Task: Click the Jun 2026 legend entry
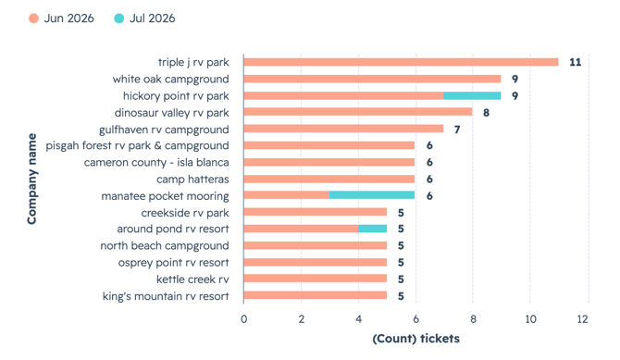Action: click(x=61, y=19)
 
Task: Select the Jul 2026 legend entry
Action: click(x=144, y=19)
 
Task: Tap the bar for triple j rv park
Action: click(x=401, y=62)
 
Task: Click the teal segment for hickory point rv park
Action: click(x=472, y=95)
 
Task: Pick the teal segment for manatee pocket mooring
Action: click(x=372, y=195)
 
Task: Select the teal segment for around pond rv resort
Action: click(x=373, y=229)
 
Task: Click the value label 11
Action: click(x=576, y=62)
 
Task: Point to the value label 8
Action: click(x=487, y=113)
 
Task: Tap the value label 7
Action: click(x=457, y=130)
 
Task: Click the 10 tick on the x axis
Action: click(x=530, y=319)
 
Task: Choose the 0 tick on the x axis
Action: click(x=244, y=319)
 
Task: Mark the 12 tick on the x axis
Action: click(x=582, y=319)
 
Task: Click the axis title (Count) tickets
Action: click(x=416, y=339)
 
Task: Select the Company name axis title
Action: click(x=31, y=179)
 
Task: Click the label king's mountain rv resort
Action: click(x=166, y=296)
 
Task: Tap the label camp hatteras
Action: click(x=192, y=180)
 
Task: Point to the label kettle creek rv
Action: click(x=192, y=279)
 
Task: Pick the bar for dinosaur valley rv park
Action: click(x=358, y=112)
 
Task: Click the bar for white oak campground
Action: click(x=373, y=79)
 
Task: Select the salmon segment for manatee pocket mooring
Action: click(x=287, y=195)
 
